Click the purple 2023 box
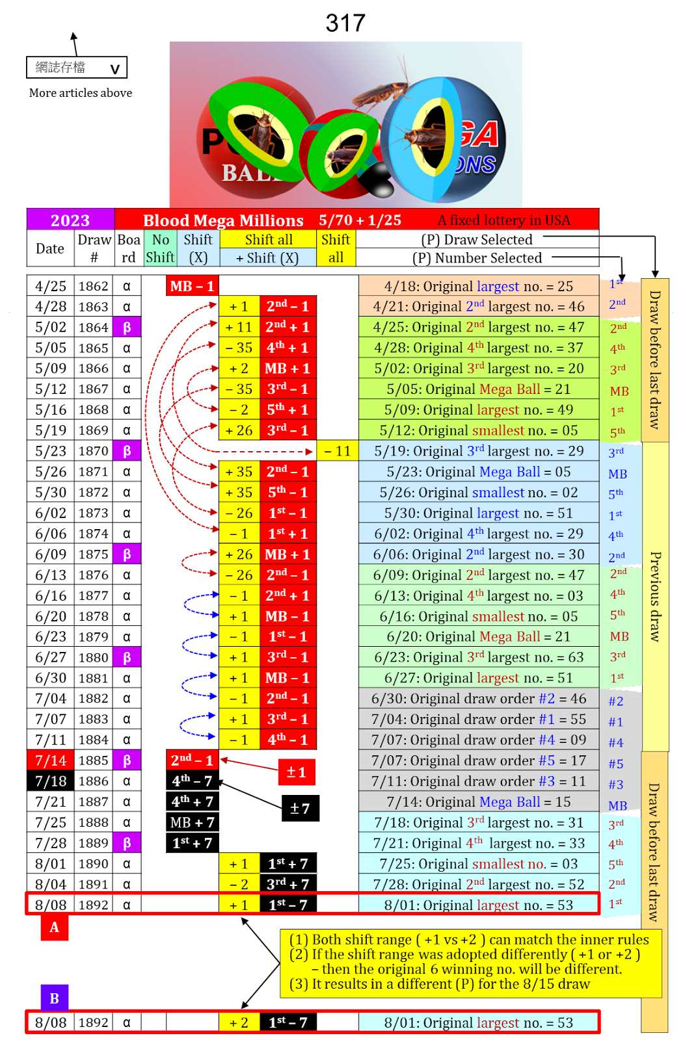point(70,220)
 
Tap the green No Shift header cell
point(160,248)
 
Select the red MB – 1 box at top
point(192,286)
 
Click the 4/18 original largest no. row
point(478,286)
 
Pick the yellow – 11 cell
point(337,450)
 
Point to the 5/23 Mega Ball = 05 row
point(478,471)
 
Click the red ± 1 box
point(296,772)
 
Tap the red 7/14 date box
point(51,760)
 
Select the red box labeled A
point(55,928)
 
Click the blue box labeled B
point(55,998)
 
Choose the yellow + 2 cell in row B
point(239,1022)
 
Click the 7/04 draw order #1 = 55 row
point(478,719)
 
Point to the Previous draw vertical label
point(655,596)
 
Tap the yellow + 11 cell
point(239,327)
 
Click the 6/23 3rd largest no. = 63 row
point(478,657)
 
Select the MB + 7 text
point(192,822)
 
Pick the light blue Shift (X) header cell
point(198,248)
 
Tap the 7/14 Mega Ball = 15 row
point(478,801)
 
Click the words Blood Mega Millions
point(223,220)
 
